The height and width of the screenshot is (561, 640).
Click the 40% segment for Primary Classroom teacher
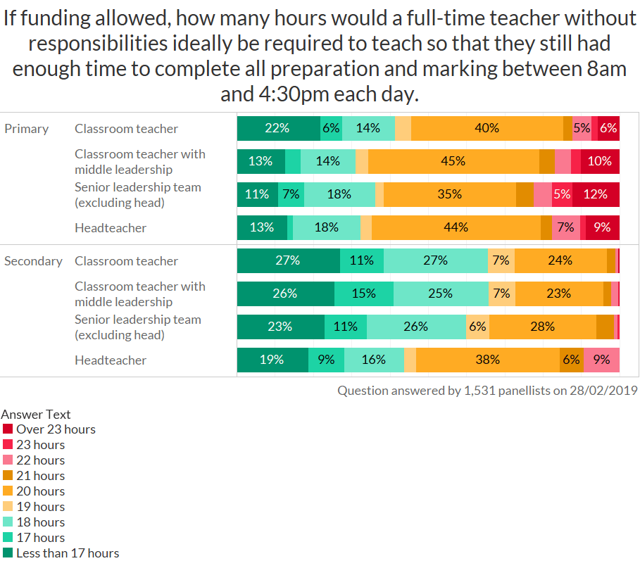tap(487, 128)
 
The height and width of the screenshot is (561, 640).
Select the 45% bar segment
tap(453, 161)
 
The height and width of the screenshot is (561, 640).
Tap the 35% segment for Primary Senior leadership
tap(450, 194)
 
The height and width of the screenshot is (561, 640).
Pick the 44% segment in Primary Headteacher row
tap(456, 227)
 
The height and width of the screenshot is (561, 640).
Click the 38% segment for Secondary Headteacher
tap(487, 360)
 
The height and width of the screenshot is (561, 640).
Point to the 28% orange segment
tap(543, 327)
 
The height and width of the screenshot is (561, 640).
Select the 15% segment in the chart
tap(364, 294)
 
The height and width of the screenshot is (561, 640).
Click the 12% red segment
tap(596, 194)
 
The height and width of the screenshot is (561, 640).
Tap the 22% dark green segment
tap(278, 128)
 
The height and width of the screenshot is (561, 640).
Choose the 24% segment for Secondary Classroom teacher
tap(560, 260)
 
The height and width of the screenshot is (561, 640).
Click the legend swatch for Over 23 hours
tap(8, 429)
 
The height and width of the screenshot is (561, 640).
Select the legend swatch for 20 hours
tap(8, 491)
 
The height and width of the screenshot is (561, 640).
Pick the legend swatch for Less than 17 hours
tap(8, 553)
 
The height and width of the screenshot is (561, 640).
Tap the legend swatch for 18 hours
tap(8, 522)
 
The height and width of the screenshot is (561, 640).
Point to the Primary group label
tap(27, 129)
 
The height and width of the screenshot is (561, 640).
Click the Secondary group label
tap(33, 261)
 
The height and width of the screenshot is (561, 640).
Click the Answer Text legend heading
tap(36, 415)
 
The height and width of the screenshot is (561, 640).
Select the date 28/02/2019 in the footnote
tap(603, 390)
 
